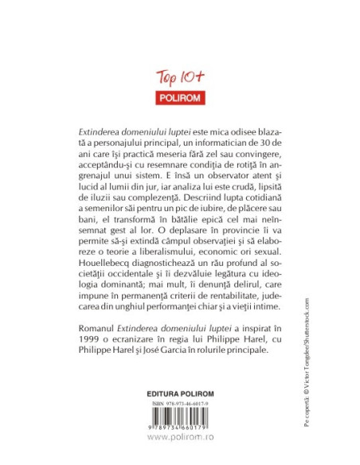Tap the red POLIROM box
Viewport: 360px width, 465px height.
(179, 98)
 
